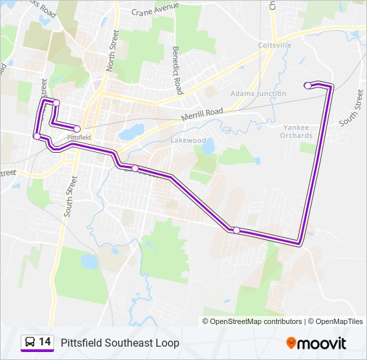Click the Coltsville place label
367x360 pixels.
pyautogui.click(x=275, y=45)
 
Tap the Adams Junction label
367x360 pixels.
pyautogui.click(x=258, y=94)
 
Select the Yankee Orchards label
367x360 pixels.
pyautogui.click(x=298, y=131)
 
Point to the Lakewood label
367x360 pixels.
pyautogui.click(x=188, y=141)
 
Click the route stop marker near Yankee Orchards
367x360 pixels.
pyautogui.click(x=308, y=85)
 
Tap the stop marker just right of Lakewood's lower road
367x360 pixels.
pyautogui.click(x=135, y=168)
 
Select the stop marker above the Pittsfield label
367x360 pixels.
pyautogui.click(x=77, y=129)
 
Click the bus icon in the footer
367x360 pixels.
pyautogui.click(x=30, y=343)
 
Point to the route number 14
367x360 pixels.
pyautogui.click(x=45, y=342)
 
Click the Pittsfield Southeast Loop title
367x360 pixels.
pyautogui.click(x=120, y=343)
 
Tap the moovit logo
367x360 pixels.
pyautogui.click(x=316, y=343)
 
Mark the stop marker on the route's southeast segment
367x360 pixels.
pyautogui.click(x=236, y=230)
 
